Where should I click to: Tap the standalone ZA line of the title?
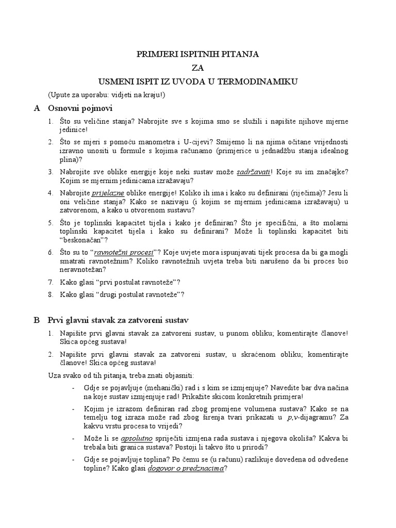198,68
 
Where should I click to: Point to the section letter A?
37,108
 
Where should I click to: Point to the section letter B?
37,320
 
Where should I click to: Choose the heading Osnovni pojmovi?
80,108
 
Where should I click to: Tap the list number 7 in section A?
50,282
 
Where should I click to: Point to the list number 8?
50,294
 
